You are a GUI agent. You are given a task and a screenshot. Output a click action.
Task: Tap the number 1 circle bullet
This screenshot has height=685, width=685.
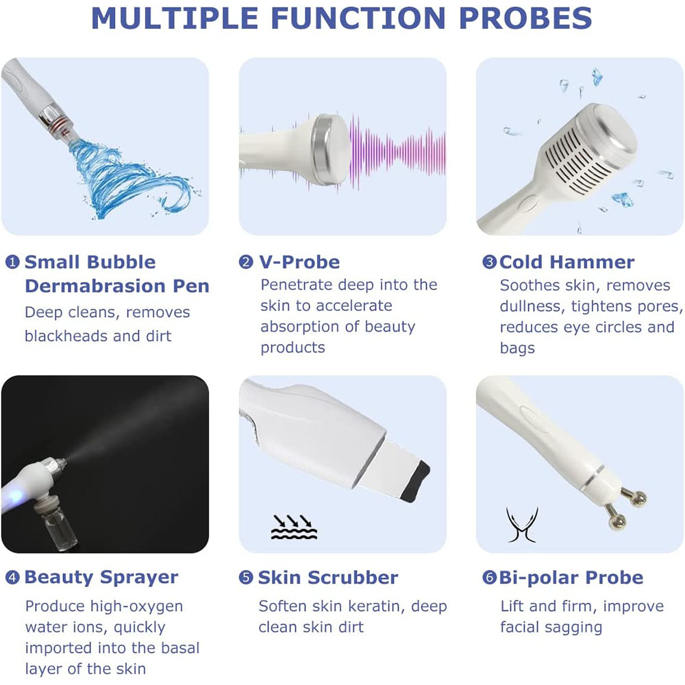(12, 262)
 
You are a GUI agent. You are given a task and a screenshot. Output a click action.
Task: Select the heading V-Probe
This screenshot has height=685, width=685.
(299, 262)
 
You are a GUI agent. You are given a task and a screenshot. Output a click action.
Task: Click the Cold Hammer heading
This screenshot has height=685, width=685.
(566, 262)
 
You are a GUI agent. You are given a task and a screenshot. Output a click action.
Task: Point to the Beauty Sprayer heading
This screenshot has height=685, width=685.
(101, 577)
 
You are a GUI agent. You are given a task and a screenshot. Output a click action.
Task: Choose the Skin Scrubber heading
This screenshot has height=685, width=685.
(327, 577)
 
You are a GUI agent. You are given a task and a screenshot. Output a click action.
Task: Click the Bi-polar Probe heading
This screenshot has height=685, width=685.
(571, 577)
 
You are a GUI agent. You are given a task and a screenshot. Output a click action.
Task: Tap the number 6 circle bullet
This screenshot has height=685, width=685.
(489, 577)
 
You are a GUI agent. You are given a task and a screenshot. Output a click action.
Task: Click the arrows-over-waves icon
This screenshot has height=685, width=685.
(294, 526)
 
